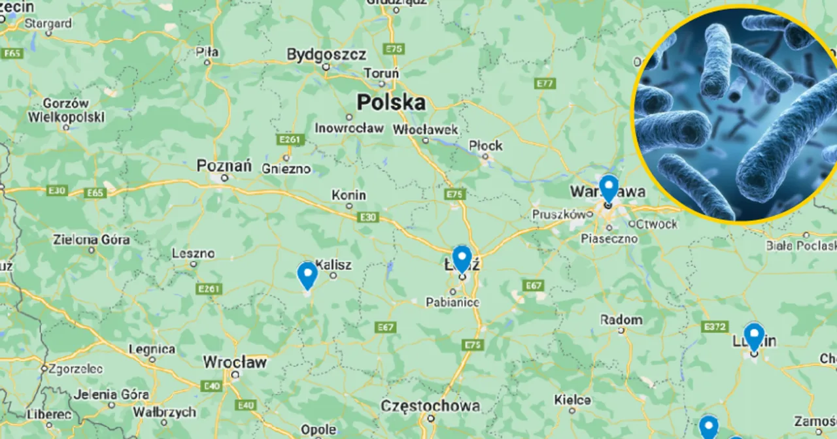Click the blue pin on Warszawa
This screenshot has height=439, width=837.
(x=609, y=187)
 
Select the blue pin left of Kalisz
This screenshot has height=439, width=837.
(x=307, y=274)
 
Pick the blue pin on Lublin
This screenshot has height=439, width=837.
(x=754, y=336)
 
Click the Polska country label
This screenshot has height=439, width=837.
(x=391, y=103)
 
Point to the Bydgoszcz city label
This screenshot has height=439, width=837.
(x=326, y=54)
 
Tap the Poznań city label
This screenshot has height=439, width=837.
(x=224, y=167)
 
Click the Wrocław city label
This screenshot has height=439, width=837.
(x=235, y=362)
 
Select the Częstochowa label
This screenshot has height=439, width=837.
(x=430, y=406)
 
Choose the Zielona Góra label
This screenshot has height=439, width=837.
(x=92, y=240)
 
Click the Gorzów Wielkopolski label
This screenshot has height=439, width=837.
(x=66, y=110)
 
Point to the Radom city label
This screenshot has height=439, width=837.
(x=621, y=320)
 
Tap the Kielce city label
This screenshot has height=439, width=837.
(x=572, y=400)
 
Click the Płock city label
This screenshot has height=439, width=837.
(x=486, y=146)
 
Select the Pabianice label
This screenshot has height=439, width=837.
(x=453, y=302)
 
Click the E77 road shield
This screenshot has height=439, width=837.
(x=545, y=84)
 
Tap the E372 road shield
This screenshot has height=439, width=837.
(x=714, y=326)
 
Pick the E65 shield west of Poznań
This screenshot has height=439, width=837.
(x=95, y=193)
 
